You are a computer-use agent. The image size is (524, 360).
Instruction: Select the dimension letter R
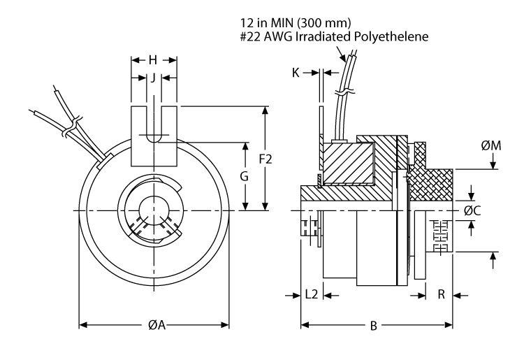point(441,295)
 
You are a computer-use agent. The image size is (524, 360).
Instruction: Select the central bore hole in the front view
point(153,210)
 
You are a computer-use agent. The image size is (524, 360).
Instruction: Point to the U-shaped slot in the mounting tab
point(153,123)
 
